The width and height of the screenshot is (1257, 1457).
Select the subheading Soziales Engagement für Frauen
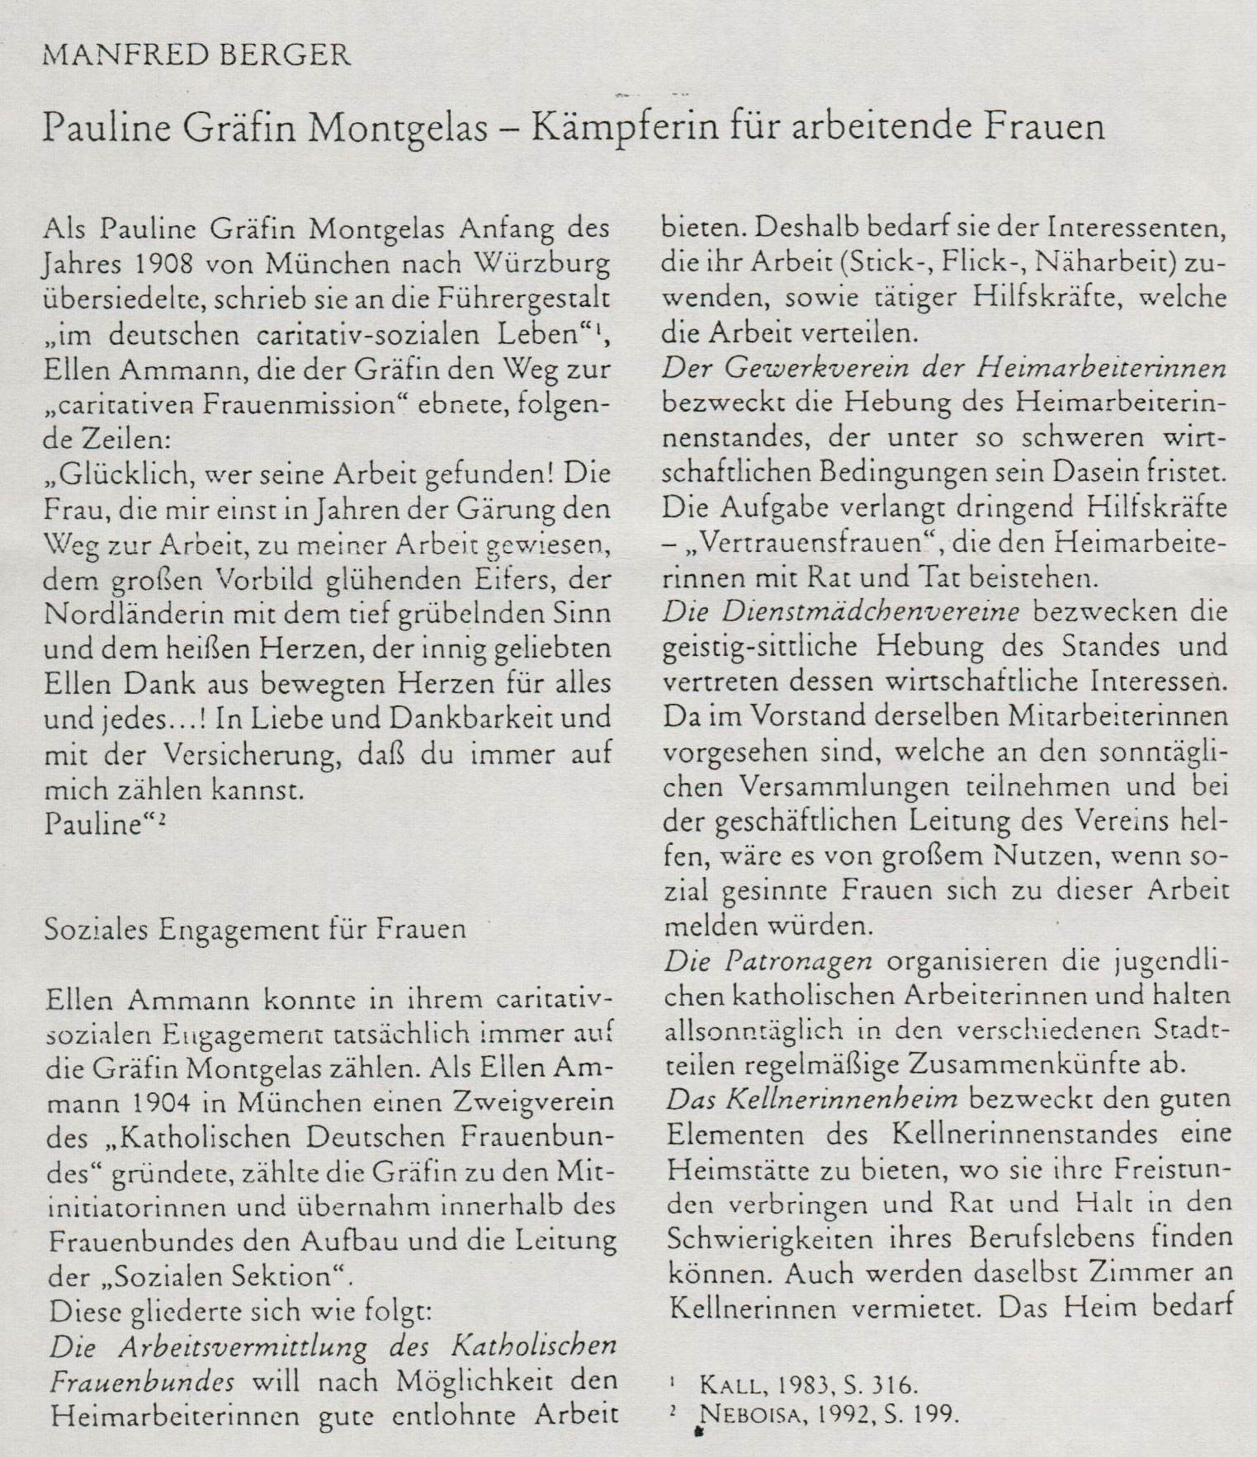pyautogui.click(x=254, y=929)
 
